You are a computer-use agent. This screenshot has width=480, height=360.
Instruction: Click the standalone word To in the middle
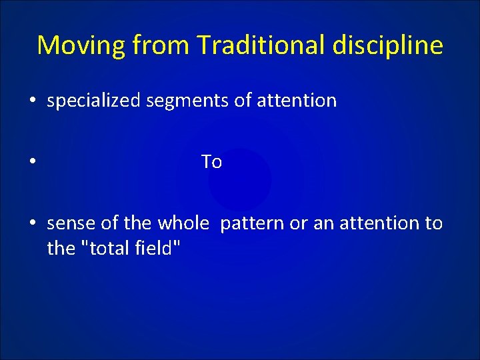[x=211, y=162]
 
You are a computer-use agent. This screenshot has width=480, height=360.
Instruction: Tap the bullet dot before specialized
[x=32, y=101]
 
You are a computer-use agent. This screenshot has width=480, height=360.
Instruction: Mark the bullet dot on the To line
[x=32, y=163]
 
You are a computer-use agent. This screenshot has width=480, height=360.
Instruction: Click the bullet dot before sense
[x=32, y=223]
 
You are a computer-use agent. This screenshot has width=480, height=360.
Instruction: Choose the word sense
[x=69, y=223]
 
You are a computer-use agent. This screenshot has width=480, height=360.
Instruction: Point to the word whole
[x=183, y=223]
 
